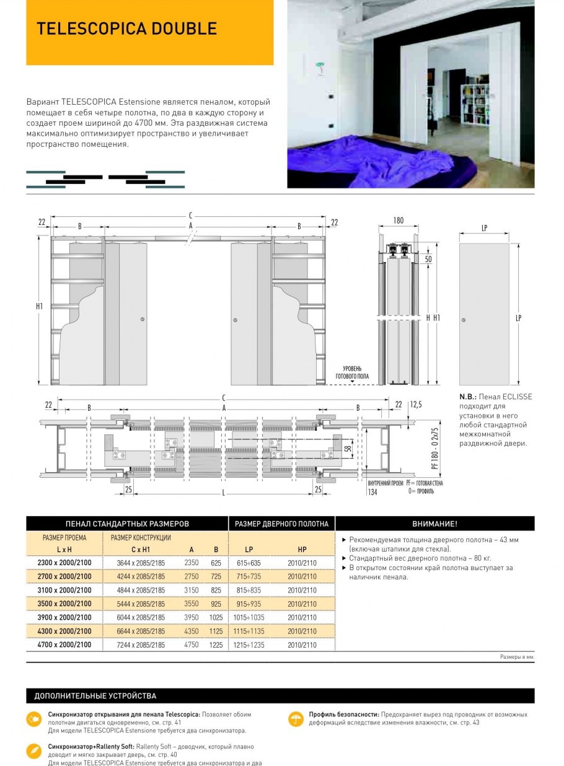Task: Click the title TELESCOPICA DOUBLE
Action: (x=126, y=29)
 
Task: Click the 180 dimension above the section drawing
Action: (x=398, y=221)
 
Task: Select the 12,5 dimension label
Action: (x=416, y=405)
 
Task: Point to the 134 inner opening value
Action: (x=372, y=492)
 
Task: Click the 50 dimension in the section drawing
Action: (x=428, y=259)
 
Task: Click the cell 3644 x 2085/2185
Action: (x=141, y=563)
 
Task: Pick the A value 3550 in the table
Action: (x=192, y=604)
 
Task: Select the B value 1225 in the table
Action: (x=216, y=645)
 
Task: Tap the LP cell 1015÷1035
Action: (x=249, y=618)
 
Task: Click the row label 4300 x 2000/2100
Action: (x=64, y=631)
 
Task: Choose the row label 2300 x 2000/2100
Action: (x=64, y=563)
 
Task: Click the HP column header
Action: (x=302, y=550)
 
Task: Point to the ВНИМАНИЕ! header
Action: (x=434, y=524)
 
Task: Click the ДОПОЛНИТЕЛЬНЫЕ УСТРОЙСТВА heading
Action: (x=95, y=696)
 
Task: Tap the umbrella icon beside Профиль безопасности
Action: (x=296, y=719)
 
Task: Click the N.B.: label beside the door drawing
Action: (x=468, y=397)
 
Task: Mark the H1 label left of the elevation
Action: (x=39, y=306)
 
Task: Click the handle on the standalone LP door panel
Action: (x=464, y=320)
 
